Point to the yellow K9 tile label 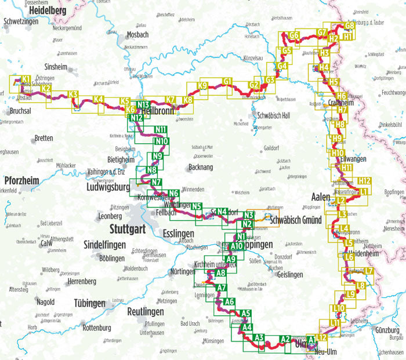point(202,86)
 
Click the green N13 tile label point(143,104)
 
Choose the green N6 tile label point(173,194)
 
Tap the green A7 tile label point(221,288)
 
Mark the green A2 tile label point(285,339)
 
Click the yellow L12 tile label point(322,337)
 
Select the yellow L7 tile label point(369,271)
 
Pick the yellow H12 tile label point(364,181)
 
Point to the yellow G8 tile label point(349,26)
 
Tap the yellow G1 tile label point(227,81)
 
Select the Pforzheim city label point(21,180)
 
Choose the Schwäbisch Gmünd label point(296,220)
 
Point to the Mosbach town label point(137,34)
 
